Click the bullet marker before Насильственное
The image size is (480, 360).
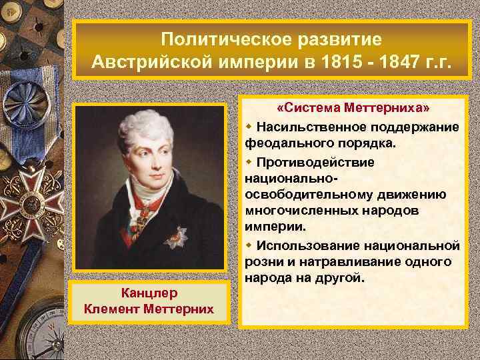point(249,127)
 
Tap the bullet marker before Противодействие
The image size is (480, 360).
point(249,162)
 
